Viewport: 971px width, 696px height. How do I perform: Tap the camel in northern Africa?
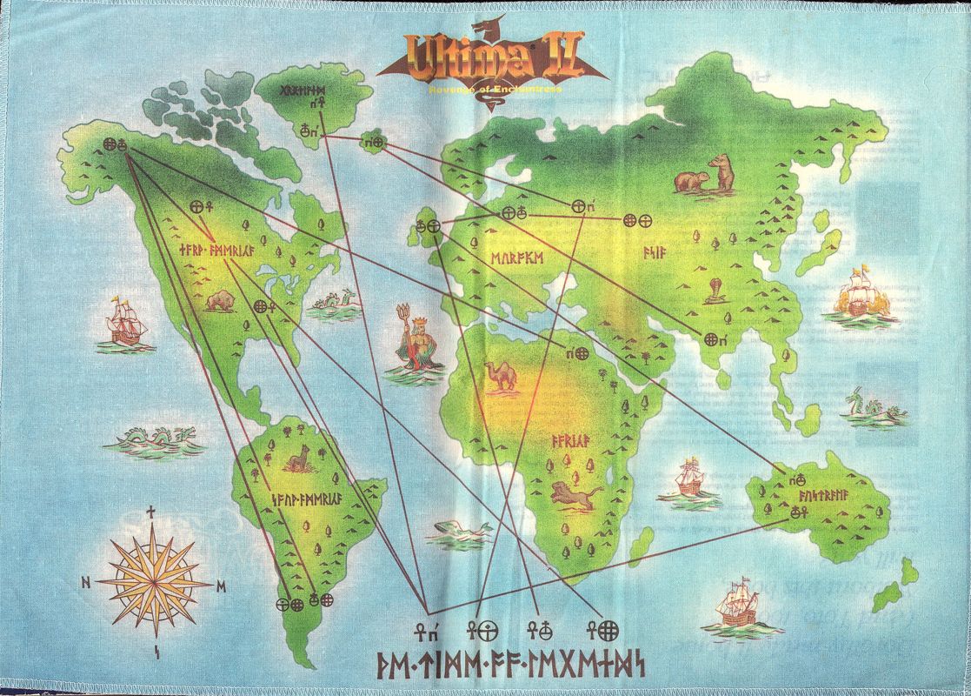coord(502,375)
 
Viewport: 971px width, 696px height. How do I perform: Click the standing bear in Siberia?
coord(721,173)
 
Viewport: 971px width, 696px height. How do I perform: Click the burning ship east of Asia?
coord(855,296)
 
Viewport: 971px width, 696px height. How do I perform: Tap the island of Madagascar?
coord(642,545)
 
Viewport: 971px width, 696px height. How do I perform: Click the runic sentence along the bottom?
coord(510,666)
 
